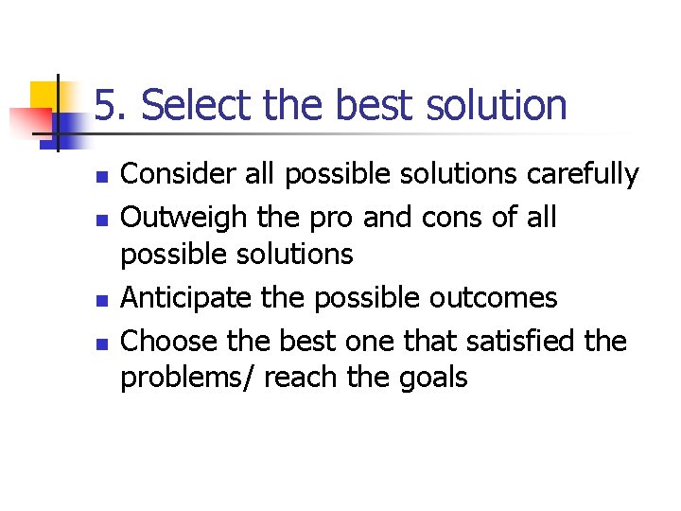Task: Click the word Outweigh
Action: click(x=180, y=218)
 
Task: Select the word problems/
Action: click(x=188, y=379)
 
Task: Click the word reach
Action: click(x=301, y=379)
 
